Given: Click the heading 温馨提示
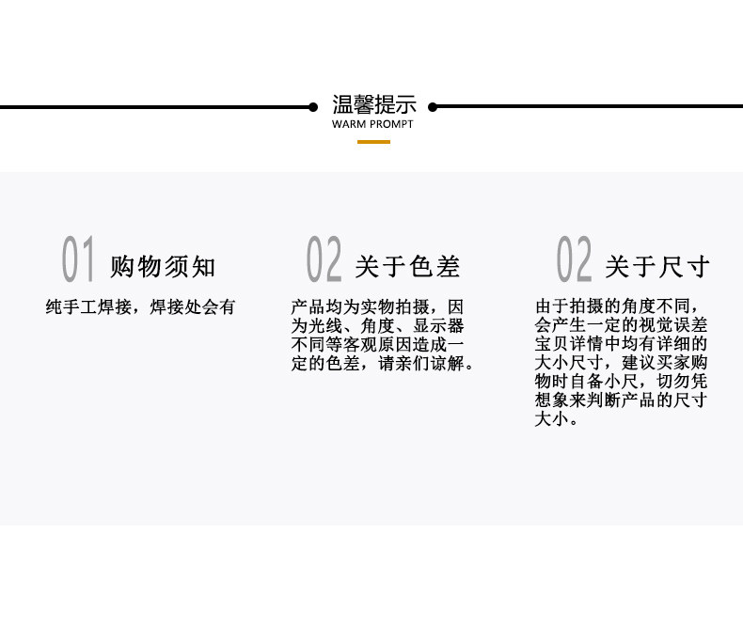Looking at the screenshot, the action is tap(373, 104).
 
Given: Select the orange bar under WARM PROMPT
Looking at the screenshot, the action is tap(373, 141).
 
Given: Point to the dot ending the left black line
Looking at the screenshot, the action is tap(313, 107).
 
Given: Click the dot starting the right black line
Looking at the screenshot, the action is tap(433, 107).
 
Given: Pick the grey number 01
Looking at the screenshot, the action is tap(78, 260).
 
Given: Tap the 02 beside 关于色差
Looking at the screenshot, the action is tap(324, 260).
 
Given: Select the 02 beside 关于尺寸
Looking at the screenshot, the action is tap(574, 260).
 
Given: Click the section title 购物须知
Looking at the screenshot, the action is tap(163, 267).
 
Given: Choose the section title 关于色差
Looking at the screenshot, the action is tap(407, 267).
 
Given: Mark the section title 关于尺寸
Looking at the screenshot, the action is tap(656, 267).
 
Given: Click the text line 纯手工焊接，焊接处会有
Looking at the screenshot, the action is tap(140, 307).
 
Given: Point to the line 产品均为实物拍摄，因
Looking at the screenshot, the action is tap(377, 307).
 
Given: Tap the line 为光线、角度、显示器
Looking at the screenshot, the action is tap(377, 326).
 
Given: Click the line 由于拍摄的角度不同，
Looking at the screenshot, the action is tap(622, 306).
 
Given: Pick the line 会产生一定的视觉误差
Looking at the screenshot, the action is tap(621, 325).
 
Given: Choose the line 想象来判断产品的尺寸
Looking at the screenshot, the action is tap(621, 401).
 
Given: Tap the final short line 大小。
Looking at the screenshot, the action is tap(557, 420).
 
